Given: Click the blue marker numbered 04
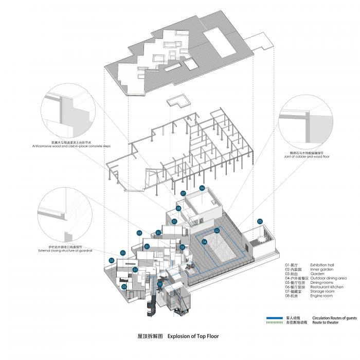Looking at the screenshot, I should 204,242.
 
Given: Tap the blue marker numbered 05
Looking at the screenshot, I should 260,222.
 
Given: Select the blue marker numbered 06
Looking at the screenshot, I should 202,188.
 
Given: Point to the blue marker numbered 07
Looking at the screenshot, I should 183,194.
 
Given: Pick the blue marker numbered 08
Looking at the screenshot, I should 178,208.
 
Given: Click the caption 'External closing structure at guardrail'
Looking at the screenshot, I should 65,250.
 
